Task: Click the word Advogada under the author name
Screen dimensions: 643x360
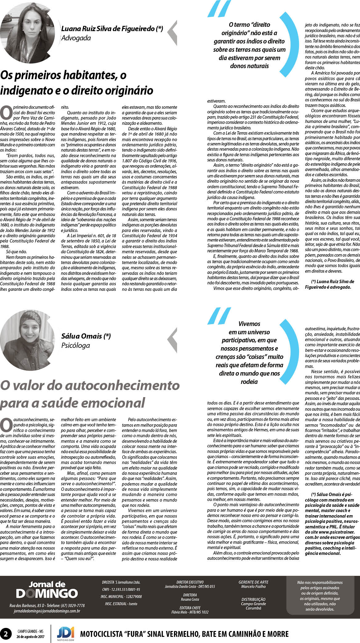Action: click(76, 38)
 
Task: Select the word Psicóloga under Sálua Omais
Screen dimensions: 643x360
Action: click(75, 345)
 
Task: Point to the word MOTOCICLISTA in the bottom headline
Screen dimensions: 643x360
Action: click(101, 634)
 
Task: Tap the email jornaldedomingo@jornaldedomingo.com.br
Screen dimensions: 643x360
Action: click(47, 611)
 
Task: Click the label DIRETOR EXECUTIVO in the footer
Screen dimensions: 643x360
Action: click(190, 582)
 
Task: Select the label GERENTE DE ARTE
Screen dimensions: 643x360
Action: click(253, 582)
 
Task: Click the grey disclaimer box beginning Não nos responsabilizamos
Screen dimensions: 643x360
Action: click(320, 596)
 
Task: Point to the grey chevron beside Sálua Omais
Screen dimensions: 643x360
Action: click(172, 340)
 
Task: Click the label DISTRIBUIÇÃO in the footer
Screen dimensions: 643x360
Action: click(253, 599)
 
